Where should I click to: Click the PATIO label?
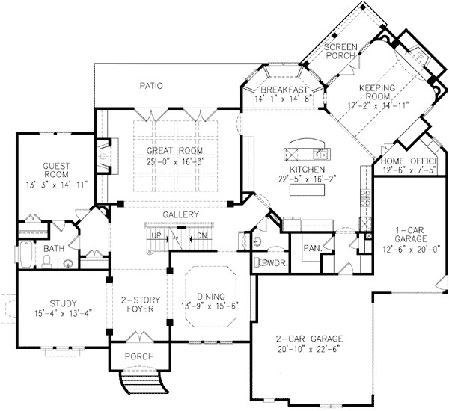pyautogui.click(x=150, y=86)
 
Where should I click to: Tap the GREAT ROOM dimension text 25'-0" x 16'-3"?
pyautogui.click(x=171, y=161)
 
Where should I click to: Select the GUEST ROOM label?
pyautogui.click(x=56, y=170)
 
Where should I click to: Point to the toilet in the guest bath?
pyautogui.click(x=46, y=260)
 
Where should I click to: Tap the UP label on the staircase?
pyautogui.click(x=156, y=235)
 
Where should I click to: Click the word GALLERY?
pyautogui.click(x=180, y=215)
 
